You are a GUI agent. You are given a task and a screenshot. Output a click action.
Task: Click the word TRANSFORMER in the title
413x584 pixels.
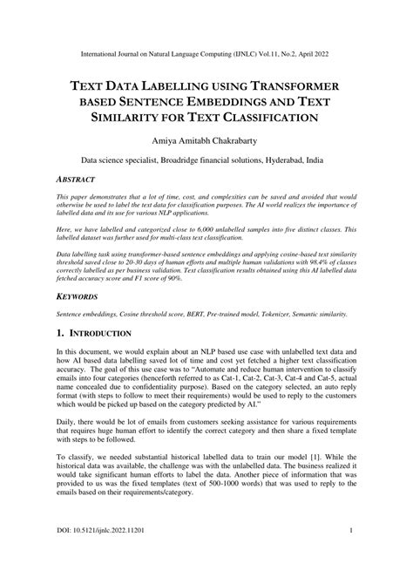coord(294,87)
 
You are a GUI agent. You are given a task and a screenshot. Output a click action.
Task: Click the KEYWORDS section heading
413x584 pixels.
coord(73,297)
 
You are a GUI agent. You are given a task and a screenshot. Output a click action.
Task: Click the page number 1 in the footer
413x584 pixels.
coord(349,555)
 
